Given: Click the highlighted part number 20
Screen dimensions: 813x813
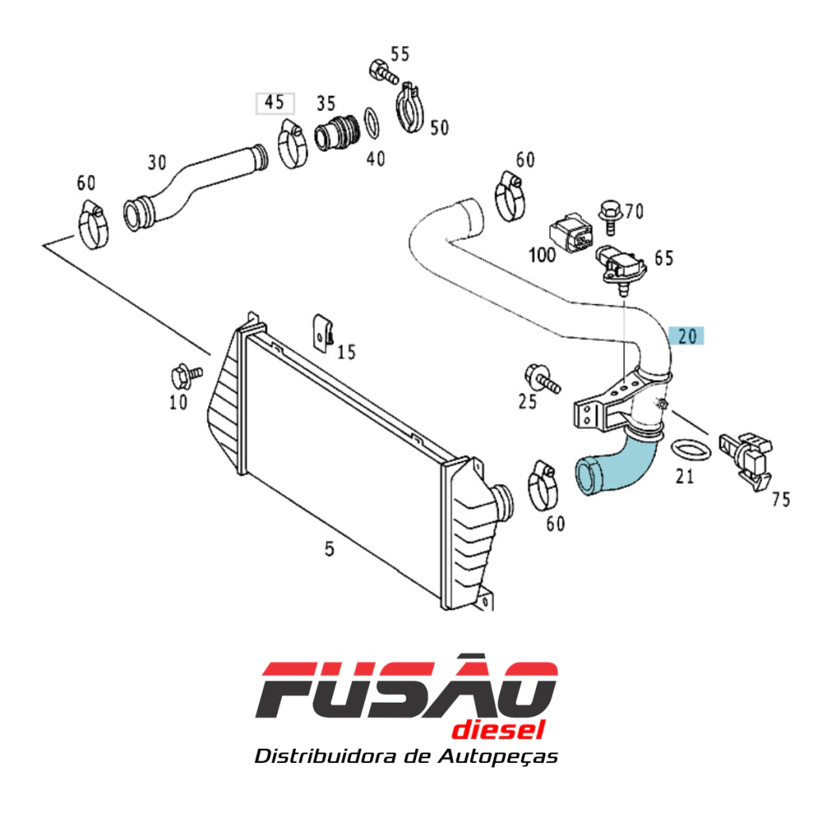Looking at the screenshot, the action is (687, 337).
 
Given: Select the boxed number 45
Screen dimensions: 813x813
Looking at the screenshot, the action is (275, 102).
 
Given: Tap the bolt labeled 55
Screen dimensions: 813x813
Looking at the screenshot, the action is (384, 72).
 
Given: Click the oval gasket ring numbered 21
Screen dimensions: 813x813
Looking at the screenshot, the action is (692, 452).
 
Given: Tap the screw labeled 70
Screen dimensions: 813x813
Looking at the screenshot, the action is (611, 217).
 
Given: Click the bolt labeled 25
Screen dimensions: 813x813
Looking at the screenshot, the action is (541, 379).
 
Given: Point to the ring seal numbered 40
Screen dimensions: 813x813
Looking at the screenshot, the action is (372, 123).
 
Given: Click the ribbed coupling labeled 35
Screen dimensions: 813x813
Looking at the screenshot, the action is (337, 133).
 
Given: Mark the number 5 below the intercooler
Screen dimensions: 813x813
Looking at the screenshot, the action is (329, 549).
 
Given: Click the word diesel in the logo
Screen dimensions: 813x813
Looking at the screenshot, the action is (499, 730).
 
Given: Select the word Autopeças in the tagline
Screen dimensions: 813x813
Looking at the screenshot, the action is (498, 757).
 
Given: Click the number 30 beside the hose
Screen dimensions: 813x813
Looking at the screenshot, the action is (156, 163).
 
